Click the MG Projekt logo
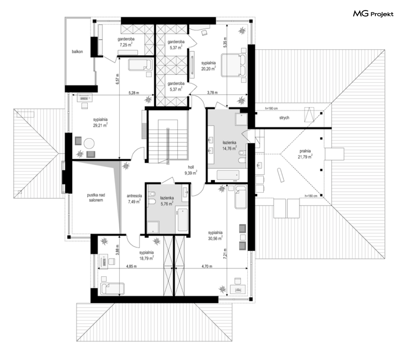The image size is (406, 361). click(373, 14)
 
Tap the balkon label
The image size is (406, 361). click(77, 52)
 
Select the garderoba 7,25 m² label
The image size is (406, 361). click(126, 42)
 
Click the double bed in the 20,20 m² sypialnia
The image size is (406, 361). click(233, 65)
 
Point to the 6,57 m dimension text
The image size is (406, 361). click(117, 78)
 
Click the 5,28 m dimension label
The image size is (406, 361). click(134, 93)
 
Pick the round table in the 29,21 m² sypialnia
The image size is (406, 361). click(89, 143)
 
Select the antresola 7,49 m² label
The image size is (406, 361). click(134, 199)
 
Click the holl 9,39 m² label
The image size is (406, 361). click(191, 170)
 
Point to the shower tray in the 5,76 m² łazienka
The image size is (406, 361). click(153, 227)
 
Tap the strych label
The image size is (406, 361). click(284, 118)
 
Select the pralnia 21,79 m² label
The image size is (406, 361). click(305, 154)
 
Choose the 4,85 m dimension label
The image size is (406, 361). click(131, 266)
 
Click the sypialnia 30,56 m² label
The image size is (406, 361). click(215, 236)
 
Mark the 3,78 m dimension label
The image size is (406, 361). click(212, 93)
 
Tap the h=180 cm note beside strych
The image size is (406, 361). click(271, 108)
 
